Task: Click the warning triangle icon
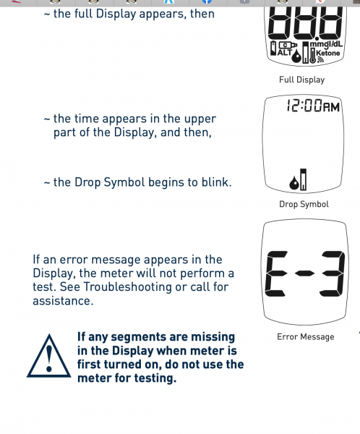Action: (x=49, y=357)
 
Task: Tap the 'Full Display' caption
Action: (x=301, y=80)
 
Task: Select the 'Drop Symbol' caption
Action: (x=304, y=204)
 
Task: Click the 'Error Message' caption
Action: (x=306, y=337)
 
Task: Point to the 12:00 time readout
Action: (x=304, y=106)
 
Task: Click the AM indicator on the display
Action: (x=332, y=107)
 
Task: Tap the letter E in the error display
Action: (x=276, y=273)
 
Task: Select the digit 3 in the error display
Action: (x=332, y=273)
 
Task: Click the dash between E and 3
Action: (x=304, y=273)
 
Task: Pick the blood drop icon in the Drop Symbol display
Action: (x=294, y=183)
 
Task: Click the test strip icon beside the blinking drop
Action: (x=304, y=179)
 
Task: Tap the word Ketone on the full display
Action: (x=327, y=53)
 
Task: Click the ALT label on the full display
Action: (x=284, y=52)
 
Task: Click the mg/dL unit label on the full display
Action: (x=326, y=44)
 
